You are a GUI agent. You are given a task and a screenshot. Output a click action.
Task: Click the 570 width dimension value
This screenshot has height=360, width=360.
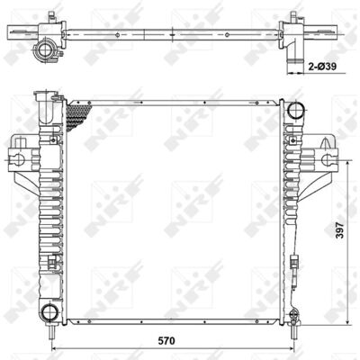166,341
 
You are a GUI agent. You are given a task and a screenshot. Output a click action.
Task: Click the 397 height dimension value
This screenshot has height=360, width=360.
339,230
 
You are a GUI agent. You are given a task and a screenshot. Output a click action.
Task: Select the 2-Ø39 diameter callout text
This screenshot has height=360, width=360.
322,67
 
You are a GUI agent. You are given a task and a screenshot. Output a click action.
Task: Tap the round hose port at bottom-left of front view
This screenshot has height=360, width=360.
49,312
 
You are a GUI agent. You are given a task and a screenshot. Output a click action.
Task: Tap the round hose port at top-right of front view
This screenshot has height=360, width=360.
295,110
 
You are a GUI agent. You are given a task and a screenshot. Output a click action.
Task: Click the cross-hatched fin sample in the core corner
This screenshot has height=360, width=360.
79,116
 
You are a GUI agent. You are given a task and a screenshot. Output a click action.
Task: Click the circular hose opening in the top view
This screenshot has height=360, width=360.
45,49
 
